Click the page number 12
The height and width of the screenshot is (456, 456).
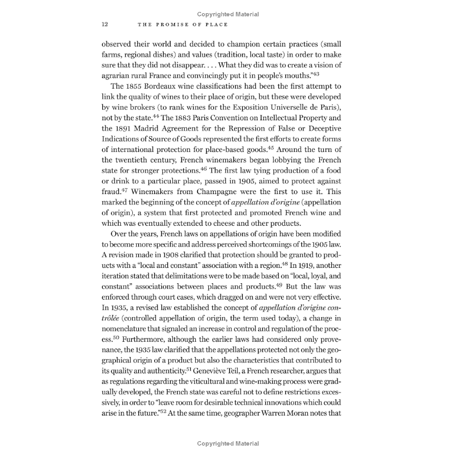click(105, 25)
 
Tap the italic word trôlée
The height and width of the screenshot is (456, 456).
click(110, 318)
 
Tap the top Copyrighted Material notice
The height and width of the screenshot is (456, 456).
click(228, 15)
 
